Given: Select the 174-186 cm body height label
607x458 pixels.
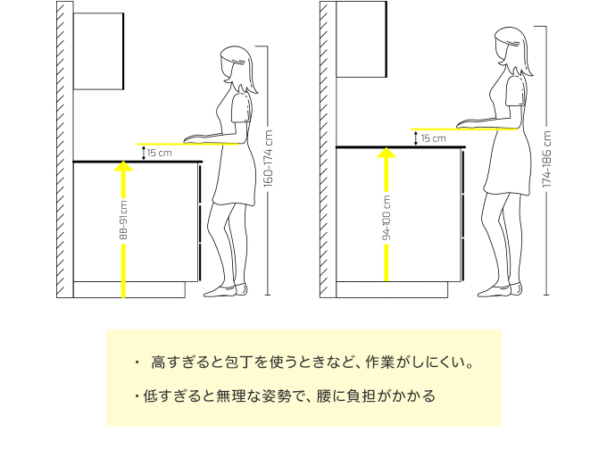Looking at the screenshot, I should point(547,160).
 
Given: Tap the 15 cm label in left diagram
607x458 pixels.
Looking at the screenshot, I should point(161,153).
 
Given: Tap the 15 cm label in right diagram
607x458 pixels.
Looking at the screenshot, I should point(433,138).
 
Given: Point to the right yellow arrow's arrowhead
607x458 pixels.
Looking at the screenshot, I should point(387,154).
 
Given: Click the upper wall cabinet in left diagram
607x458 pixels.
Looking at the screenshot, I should point(98,51).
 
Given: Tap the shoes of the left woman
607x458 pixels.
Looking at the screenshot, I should point(223,289).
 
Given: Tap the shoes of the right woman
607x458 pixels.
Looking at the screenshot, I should point(496,289).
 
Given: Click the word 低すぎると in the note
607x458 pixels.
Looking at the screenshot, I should point(171,395).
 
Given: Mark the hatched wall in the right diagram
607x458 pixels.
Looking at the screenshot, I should point(328,152).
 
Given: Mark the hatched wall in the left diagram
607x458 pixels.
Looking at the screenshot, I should point(64,152).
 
